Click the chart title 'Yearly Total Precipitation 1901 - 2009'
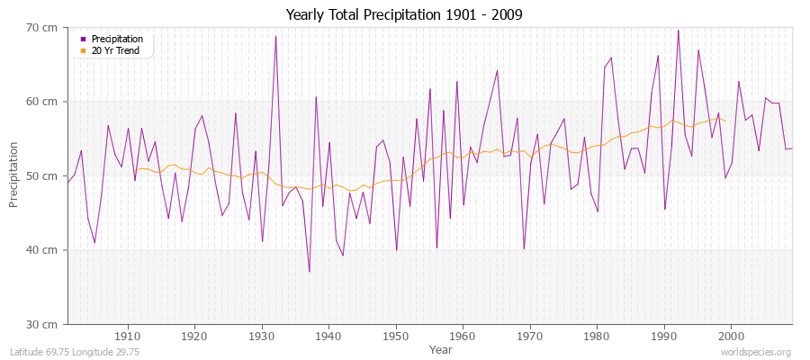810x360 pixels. [x=404, y=14]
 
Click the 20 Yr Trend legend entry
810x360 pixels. [x=116, y=50]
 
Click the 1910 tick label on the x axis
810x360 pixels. [x=128, y=336]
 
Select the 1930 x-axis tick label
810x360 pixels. [x=262, y=336]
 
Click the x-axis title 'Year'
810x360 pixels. [x=440, y=348]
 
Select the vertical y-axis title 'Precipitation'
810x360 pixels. [x=13, y=175]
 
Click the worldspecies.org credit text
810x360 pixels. [x=756, y=352]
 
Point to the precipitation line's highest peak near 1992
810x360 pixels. [x=678, y=30]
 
